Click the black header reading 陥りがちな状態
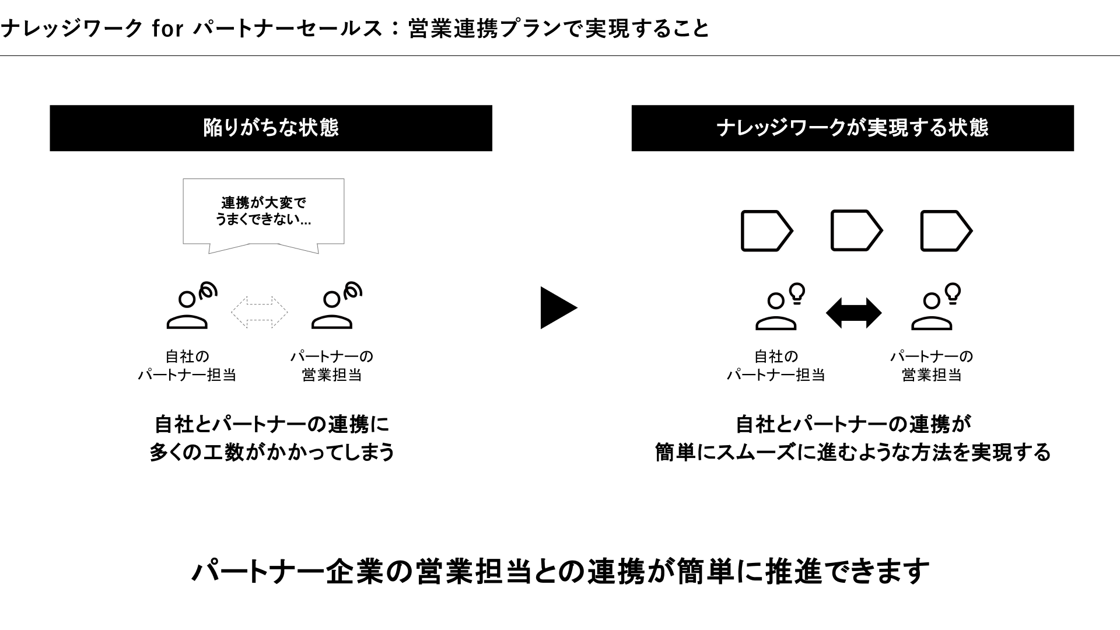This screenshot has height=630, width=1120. tap(271, 128)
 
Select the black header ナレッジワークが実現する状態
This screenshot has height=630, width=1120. tap(852, 128)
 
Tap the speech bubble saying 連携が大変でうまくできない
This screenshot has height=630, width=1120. tap(263, 212)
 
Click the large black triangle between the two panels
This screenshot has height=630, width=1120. tap(557, 308)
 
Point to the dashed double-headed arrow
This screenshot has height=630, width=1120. tap(260, 312)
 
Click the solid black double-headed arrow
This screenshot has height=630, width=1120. tap(853, 313)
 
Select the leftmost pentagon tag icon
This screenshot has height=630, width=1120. tap(766, 231)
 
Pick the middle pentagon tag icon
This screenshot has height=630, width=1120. tap(856, 230)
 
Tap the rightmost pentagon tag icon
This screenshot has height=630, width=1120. tap(946, 231)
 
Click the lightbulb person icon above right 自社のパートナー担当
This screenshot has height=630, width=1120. tap(779, 307)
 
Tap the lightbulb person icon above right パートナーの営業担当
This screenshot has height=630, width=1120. tap(935, 307)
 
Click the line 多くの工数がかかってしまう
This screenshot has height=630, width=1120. tap(272, 452)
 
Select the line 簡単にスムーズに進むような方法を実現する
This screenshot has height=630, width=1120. tap(852, 452)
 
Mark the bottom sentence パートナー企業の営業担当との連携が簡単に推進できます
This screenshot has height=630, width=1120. tap(560, 571)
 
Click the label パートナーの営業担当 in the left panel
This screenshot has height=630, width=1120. tap(331, 365)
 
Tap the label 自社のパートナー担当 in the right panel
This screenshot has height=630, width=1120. tap(775, 365)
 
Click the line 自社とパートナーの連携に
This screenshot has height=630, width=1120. tap(272, 424)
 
